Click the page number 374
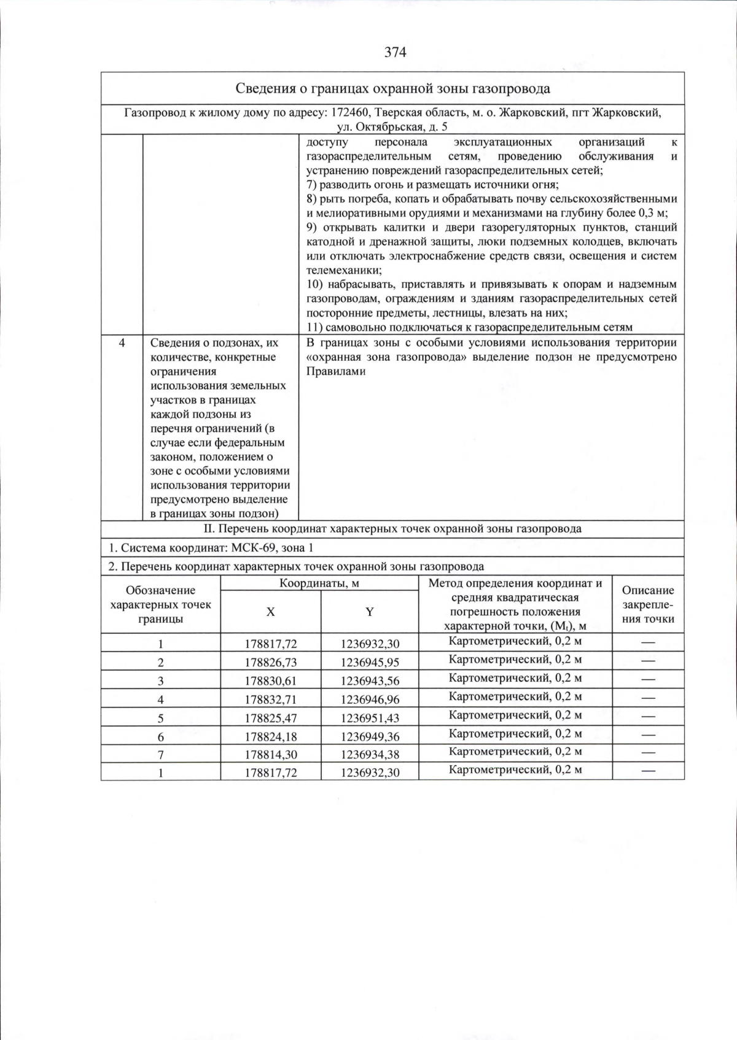pyautogui.click(x=395, y=53)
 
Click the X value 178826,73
pyautogui.click(x=270, y=662)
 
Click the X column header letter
pyautogui.click(x=270, y=612)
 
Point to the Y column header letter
pyautogui.click(x=370, y=612)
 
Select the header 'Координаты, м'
pyautogui.click(x=319, y=584)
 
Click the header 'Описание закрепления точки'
pyautogui.click(x=648, y=604)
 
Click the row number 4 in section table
pyautogui.click(x=122, y=344)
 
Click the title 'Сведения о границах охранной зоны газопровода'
pyautogui.click(x=393, y=89)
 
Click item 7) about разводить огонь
pyautogui.click(x=432, y=185)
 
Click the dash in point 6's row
pyautogui.click(x=648, y=734)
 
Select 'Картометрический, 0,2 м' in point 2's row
pyautogui.click(x=515, y=660)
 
